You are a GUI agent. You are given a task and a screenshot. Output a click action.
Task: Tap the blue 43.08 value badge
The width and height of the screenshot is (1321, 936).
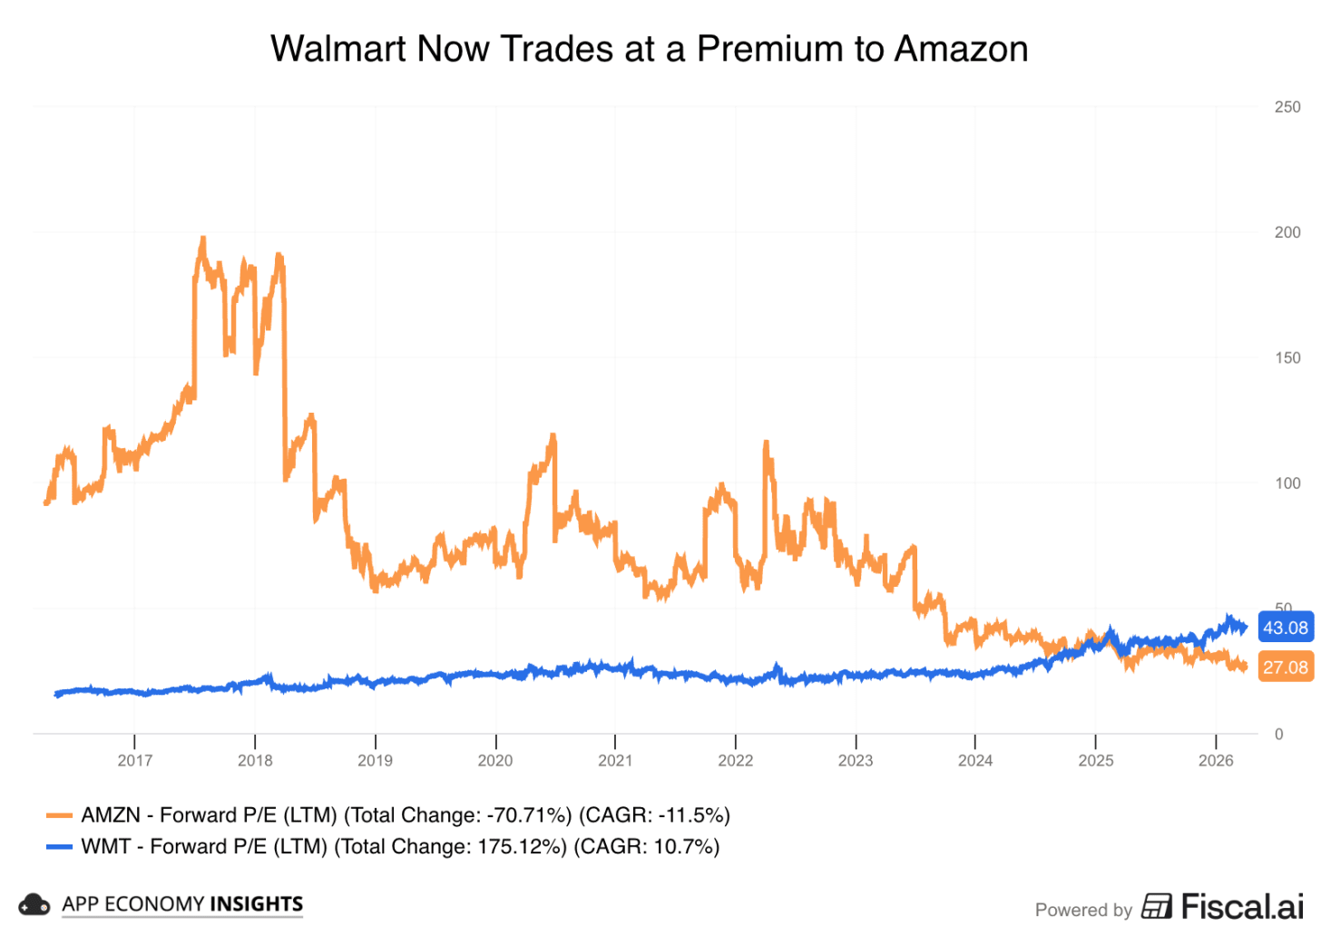pyautogui.click(x=1285, y=628)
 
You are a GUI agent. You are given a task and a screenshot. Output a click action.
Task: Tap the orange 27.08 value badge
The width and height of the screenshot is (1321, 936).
pyautogui.click(x=1285, y=668)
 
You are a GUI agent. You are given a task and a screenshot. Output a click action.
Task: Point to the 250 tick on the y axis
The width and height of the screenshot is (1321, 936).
pyautogui.click(x=1287, y=107)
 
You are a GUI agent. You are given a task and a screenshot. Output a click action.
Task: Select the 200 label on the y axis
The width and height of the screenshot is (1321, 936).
pyautogui.click(x=1287, y=232)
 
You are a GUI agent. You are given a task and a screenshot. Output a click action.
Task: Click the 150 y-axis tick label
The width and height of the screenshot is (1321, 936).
pyautogui.click(x=1287, y=357)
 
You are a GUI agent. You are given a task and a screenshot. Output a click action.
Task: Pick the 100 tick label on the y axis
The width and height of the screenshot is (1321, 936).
pyautogui.click(x=1287, y=483)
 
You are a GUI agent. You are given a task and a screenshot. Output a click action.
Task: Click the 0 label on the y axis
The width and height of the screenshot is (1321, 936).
pyautogui.click(x=1278, y=734)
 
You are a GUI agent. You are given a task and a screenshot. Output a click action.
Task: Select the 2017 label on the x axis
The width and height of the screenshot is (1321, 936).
pyautogui.click(x=134, y=760)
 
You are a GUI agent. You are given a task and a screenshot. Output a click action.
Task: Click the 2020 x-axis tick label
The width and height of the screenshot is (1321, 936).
pyautogui.click(x=494, y=760)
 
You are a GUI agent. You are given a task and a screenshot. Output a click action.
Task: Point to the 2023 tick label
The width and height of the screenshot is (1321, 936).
pyautogui.click(x=855, y=760)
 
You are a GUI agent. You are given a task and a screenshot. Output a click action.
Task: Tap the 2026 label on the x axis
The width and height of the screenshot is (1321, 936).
pyautogui.click(x=1215, y=760)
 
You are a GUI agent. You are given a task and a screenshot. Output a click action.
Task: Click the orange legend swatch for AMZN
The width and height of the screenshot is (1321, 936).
pyautogui.click(x=59, y=815)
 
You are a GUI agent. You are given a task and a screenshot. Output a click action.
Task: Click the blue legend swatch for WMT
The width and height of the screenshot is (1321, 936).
pyautogui.click(x=59, y=847)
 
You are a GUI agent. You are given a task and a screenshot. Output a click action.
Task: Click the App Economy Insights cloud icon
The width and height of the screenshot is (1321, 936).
pyautogui.click(x=34, y=904)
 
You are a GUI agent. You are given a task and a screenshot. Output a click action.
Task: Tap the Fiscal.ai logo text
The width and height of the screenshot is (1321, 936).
pyautogui.click(x=1241, y=906)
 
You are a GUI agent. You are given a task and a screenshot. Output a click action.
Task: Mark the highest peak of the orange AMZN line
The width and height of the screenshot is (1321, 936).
pyautogui.click(x=202, y=239)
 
